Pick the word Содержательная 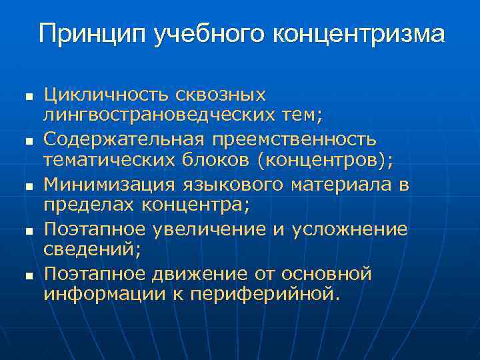coord(127,139)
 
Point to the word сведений coord(89,250)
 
